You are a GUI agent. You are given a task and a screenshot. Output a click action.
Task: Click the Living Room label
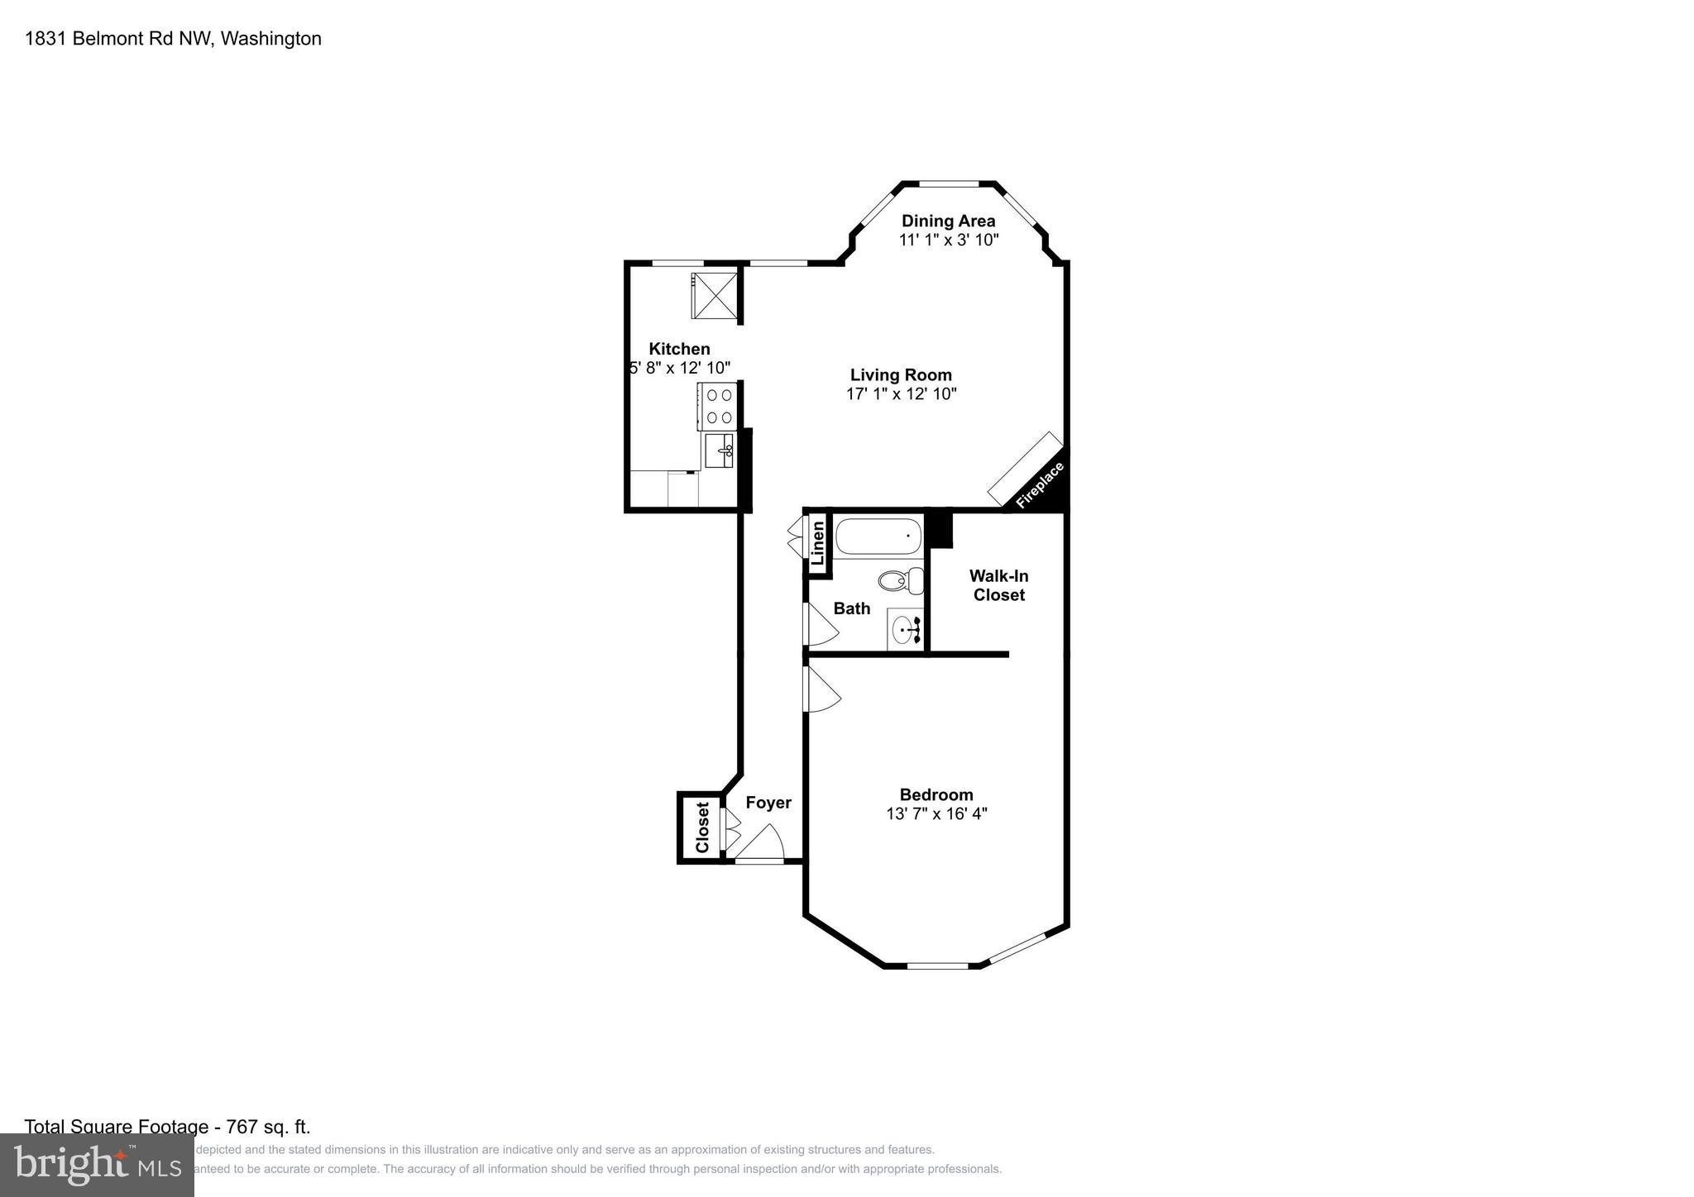pyautogui.click(x=901, y=375)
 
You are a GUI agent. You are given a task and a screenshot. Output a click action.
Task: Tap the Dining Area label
pyautogui.click(x=948, y=221)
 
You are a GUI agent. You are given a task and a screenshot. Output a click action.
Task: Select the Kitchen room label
pyautogui.click(x=679, y=349)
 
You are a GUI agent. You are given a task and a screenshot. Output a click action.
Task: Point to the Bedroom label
pyautogui.click(x=936, y=795)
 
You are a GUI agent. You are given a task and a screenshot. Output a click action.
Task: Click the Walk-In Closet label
pyautogui.click(x=998, y=585)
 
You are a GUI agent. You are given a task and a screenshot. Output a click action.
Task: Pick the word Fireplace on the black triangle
pyautogui.click(x=1039, y=485)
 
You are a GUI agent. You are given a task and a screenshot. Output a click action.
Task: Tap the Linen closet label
pyautogui.click(x=818, y=543)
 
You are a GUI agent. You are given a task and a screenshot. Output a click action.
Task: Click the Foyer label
pyautogui.click(x=768, y=803)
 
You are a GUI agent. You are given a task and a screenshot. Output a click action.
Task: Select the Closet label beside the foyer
pyautogui.click(x=702, y=827)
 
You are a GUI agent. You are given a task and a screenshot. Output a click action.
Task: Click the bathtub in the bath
pyautogui.click(x=878, y=537)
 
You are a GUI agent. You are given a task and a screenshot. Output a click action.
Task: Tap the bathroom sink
pyautogui.click(x=905, y=631)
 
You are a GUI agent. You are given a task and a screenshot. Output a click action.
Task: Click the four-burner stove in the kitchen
pyautogui.click(x=718, y=407)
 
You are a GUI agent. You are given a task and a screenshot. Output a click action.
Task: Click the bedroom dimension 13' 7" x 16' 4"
pyautogui.click(x=936, y=813)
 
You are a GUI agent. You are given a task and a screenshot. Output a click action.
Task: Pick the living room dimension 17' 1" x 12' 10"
pyautogui.click(x=901, y=394)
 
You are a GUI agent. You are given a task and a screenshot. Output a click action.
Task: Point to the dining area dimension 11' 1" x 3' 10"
pyautogui.click(x=949, y=240)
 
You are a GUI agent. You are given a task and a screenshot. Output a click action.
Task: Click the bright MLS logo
pyautogui.click(x=97, y=1165)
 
